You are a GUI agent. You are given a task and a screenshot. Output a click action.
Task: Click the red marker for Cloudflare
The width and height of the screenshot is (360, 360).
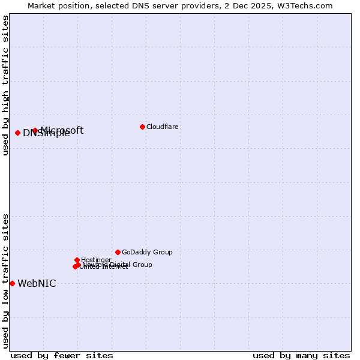coord(142,127)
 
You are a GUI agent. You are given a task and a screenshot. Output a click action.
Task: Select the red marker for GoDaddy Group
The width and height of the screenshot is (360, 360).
coord(118,252)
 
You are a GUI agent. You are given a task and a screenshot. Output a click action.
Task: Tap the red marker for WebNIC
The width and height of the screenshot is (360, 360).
coord(12,283)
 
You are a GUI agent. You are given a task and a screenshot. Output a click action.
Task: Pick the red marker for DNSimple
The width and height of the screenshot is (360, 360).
coord(17,133)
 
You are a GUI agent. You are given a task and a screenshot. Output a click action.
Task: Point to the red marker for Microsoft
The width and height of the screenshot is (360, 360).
coord(35,130)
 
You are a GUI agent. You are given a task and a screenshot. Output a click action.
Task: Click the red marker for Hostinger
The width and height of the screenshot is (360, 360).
coord(77,260)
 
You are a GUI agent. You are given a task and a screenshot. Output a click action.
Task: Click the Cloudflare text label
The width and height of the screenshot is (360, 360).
coord(162,127)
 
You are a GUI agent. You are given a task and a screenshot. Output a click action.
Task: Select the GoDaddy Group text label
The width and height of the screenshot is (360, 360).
coord(147,252)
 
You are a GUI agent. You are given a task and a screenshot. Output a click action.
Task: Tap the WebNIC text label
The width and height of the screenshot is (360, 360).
coord(37,283)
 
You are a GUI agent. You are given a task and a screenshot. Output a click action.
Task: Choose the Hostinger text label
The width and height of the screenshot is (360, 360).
coord(96,260)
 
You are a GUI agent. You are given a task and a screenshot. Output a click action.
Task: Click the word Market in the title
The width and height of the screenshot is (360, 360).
coord(43,6)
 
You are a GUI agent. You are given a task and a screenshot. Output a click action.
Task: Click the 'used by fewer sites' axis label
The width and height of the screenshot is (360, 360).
coord(62,355)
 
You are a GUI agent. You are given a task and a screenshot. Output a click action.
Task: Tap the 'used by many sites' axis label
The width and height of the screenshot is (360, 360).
coord(301,355)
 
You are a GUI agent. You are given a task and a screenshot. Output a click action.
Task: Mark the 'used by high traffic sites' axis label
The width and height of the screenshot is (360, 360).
coord(5,85)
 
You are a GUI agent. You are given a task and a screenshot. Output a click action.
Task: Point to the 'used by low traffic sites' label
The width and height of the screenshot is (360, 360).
coord(5,280)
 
